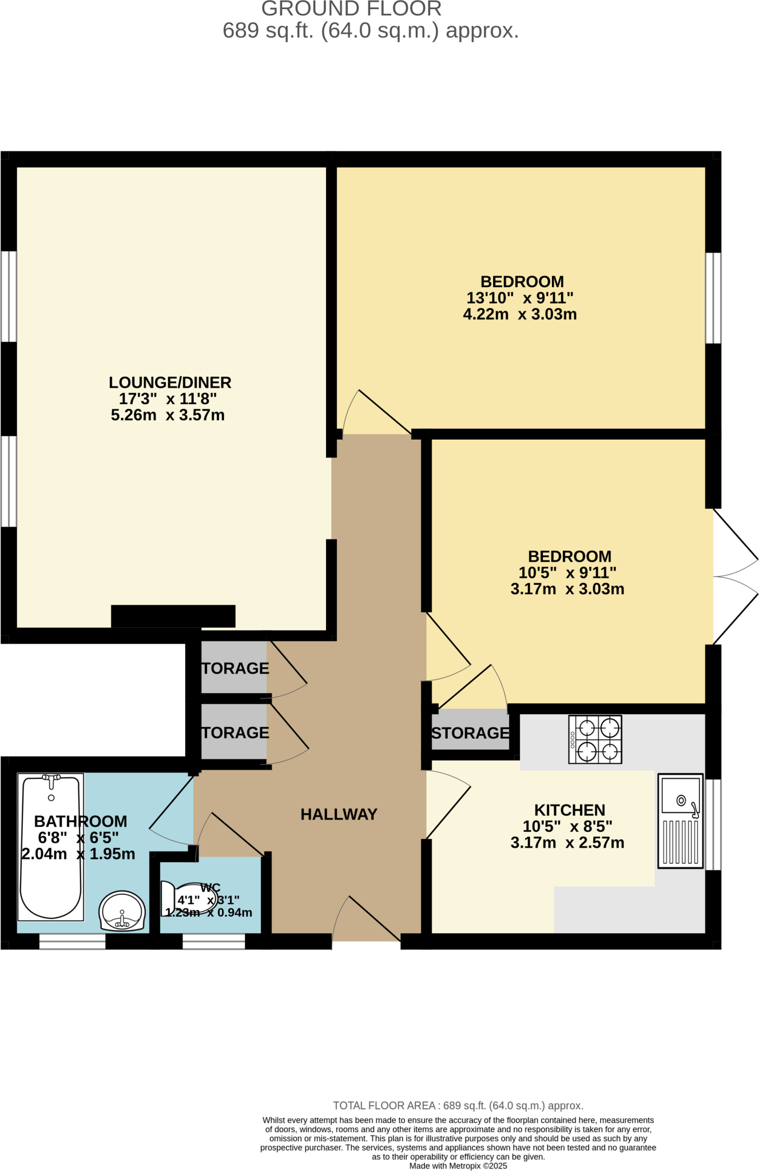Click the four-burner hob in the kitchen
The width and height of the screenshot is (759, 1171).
coord(595,739)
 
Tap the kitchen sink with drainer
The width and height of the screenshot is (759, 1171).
coord(680,821)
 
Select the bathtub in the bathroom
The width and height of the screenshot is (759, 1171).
coord(51,847)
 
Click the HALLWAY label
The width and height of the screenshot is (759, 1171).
coord(339,814)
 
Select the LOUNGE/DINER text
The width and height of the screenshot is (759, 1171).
coord(170,383)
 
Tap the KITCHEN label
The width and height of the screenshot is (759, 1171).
coord(569,810)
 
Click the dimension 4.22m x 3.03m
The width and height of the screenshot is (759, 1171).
coord(519,314)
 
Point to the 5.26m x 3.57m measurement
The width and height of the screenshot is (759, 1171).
coord(168,415)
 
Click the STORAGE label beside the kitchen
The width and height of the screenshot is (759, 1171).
coord(470,733)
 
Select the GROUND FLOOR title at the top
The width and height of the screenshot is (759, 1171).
coord(351,9)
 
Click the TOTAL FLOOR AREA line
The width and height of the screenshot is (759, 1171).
coord(458,1106)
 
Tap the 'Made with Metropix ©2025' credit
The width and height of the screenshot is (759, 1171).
coord(458,1166)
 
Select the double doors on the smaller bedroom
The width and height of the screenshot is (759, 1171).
coord(735,576)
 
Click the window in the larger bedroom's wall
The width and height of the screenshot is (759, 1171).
coord(713,298)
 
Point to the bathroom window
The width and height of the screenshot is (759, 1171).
coord(72,941)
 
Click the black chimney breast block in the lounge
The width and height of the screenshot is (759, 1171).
coord(173,616)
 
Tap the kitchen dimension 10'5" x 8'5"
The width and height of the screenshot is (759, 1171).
coord(567,826)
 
